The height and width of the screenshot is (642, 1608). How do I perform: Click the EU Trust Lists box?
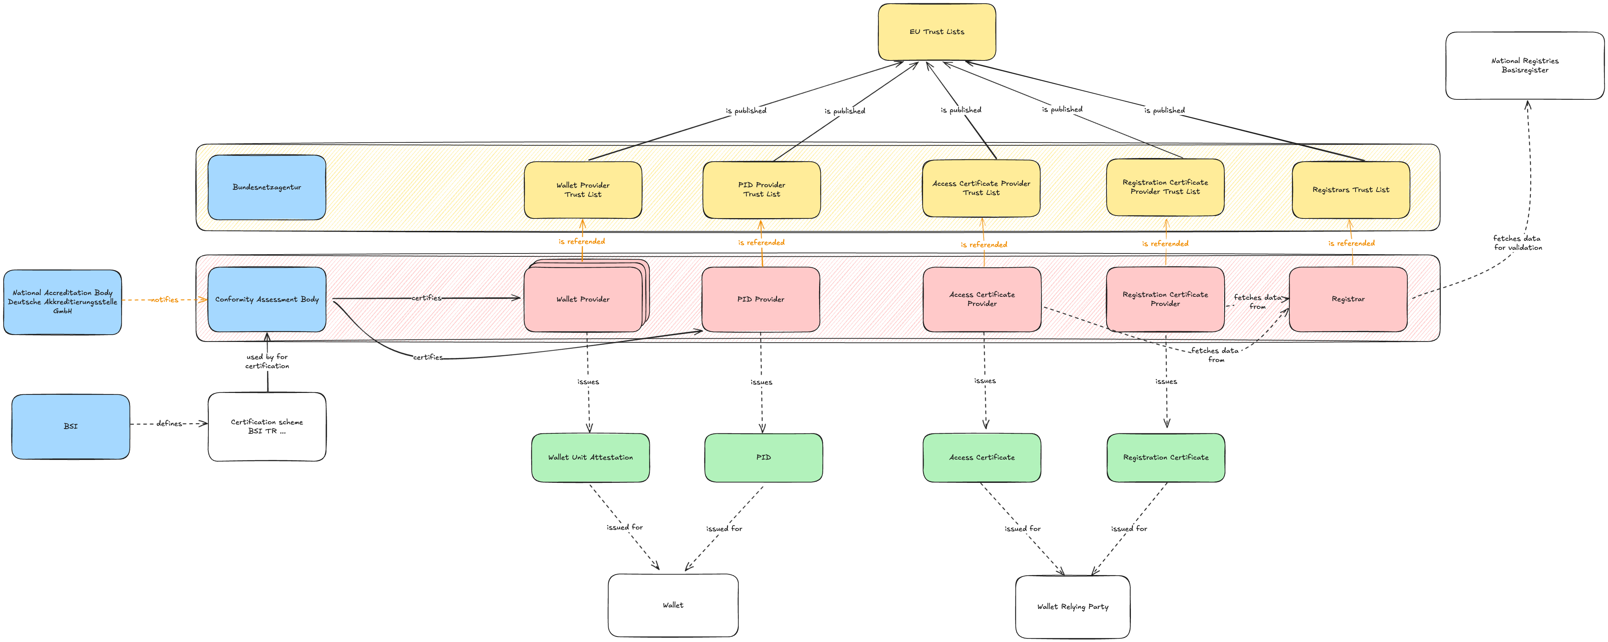(936, 32)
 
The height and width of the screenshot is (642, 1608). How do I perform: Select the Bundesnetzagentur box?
(267, 187)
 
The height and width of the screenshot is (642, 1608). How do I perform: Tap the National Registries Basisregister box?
(1524, 66)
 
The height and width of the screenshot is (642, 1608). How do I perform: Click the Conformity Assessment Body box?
(267, 299)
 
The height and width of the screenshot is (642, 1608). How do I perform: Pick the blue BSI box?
(71, 426)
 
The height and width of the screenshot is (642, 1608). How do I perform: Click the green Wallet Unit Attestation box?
(590, 457)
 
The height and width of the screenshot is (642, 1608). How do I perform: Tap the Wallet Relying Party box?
(1072, 606)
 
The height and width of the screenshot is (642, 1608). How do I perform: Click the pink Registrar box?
(1348, 299)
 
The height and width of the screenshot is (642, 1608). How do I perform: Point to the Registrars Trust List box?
(1350, 190)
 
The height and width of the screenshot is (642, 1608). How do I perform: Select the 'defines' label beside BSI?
(169, 424)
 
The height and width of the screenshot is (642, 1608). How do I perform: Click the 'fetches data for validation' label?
(1517, 243)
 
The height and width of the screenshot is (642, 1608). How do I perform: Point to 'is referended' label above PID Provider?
(761, 242)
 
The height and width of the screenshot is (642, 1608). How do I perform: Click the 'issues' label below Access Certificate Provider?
(984, 381)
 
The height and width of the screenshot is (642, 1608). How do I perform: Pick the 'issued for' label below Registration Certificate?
(1129, 528)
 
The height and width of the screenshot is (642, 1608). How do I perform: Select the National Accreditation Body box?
(62, 302)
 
